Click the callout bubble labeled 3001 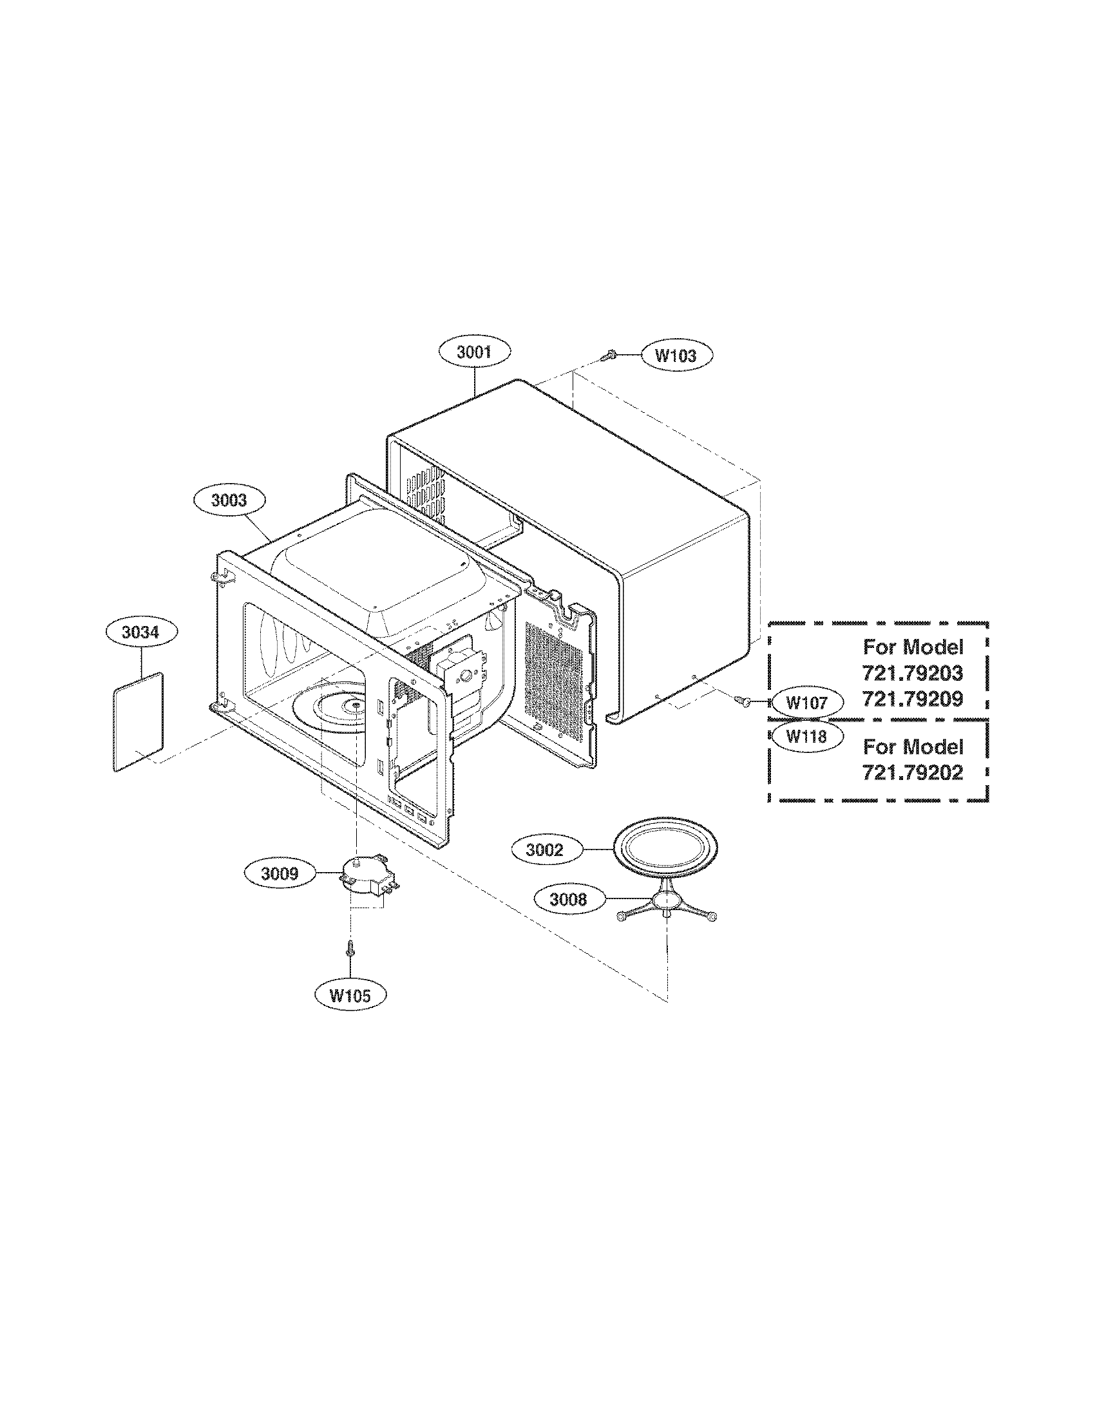(474, 352)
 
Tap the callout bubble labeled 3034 (141, 632)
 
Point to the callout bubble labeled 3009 (280, 873)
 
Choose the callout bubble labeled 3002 (544, 850)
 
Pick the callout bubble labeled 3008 (567, 899)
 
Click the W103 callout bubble (676, 356)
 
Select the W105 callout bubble (350, 995)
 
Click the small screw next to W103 (609, 355)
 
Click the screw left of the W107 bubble (743, 701)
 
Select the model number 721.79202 (912, 773)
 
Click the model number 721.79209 (912, 699)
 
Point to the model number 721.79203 (912, 674)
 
